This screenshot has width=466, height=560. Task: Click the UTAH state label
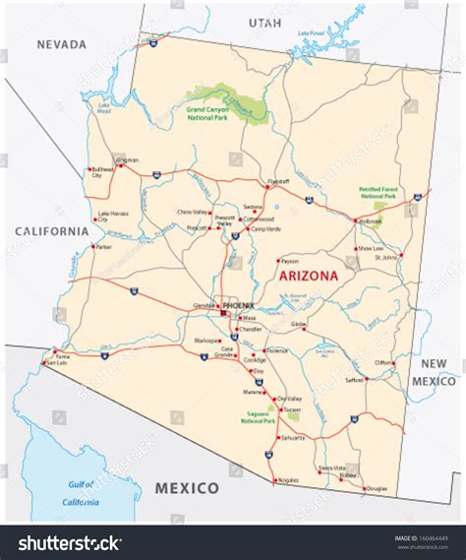(263, 22)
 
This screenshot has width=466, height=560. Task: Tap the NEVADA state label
(61, 44)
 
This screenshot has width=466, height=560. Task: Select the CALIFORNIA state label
(50, 231)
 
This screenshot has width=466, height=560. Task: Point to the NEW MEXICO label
(433, 372)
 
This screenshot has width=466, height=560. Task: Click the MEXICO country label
(187, 487)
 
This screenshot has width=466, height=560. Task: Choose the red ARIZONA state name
(310, 277)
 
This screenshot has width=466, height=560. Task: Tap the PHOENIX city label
(238, 306)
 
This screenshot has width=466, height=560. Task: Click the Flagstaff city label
(278, 182)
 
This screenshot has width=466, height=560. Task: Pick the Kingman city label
(127, 159)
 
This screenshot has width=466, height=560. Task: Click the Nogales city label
(288, 479)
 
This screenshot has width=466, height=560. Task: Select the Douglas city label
(377, 488)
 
